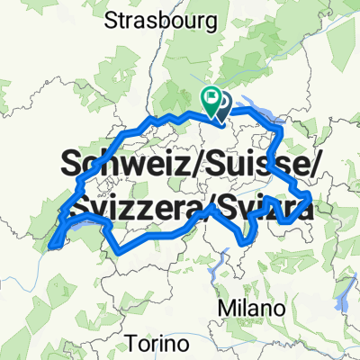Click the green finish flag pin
tap(211, 102)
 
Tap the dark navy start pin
tap(222, 105)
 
